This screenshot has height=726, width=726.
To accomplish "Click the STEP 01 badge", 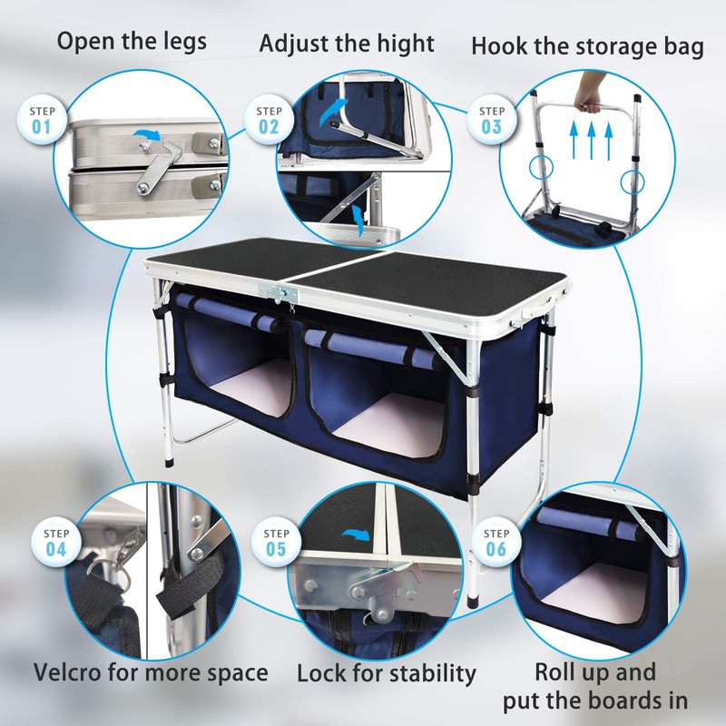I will tap(42, 119).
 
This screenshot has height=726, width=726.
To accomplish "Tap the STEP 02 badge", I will tap(269, 119).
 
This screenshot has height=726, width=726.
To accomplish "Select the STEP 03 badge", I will tap(491, 119).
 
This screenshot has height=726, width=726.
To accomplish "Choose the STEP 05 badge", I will tap(276, 542).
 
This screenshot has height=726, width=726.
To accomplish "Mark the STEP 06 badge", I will tap(497, 542).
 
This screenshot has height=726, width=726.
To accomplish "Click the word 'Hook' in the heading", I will tap(501, 47).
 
